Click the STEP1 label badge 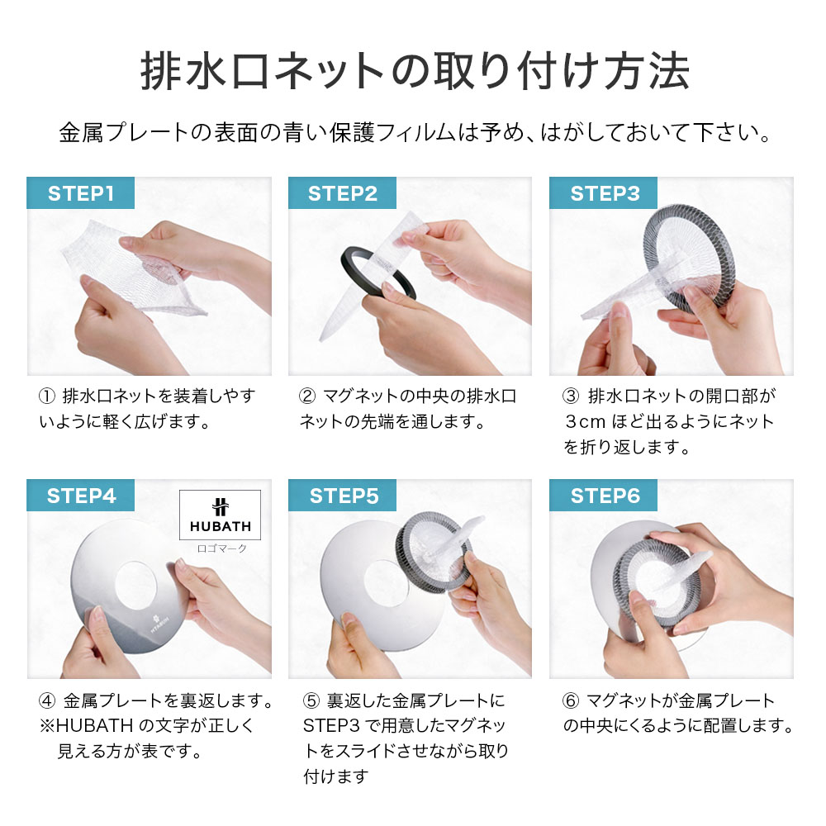(x=80, y=193)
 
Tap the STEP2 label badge (x=342, y=193)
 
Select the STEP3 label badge (x=605, y=193)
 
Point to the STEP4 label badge (x=80, y=496)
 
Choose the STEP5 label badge (x=343, y=496)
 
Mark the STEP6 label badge (x=605, y=496)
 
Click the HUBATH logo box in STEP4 (x=220, y=514)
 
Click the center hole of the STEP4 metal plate (x=140, y=589)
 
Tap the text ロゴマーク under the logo (x=220, y=548)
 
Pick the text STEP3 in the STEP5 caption (x=329, y=727)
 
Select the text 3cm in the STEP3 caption (x=585, y=422)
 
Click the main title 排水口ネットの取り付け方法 (x=413, y=73)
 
